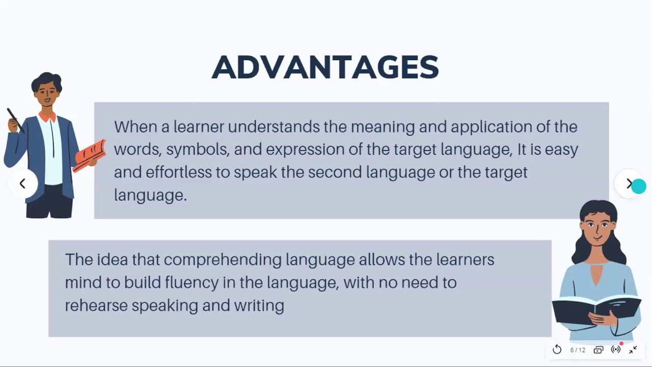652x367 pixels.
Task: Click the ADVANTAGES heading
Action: coord(325,67)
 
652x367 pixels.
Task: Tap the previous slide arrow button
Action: coord(23,183)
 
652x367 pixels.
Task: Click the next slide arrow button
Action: coord(629,183)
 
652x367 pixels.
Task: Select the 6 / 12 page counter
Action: coord(578,350)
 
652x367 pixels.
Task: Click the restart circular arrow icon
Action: coord(557,349)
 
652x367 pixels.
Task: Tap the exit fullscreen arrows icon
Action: coord(633,350)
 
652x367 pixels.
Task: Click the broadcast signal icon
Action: coord(616,349)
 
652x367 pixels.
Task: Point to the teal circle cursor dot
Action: coord(639,187)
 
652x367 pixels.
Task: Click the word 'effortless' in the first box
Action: coord(178,172)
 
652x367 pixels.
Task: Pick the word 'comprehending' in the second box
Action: coord(223,260)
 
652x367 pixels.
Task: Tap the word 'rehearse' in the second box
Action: coord(96,305)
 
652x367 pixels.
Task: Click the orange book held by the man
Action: coord(89,156)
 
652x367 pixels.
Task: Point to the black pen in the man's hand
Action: coord(15,120)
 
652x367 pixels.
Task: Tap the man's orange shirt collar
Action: coord(47,117)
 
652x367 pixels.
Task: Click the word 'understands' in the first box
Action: coord(274,127)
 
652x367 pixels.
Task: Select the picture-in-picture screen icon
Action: coord(598,350)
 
